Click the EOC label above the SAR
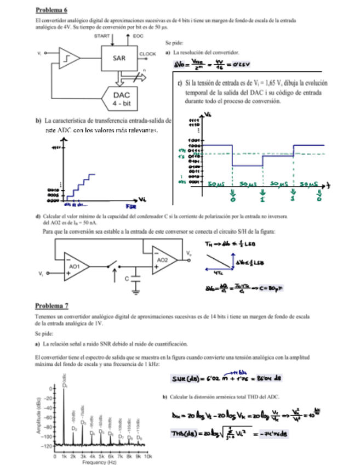click(x=138, y=35)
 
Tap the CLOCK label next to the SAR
click(x=148, y=54)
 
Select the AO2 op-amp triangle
click(x=162, y=258)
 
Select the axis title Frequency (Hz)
click(x=101, y=462)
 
